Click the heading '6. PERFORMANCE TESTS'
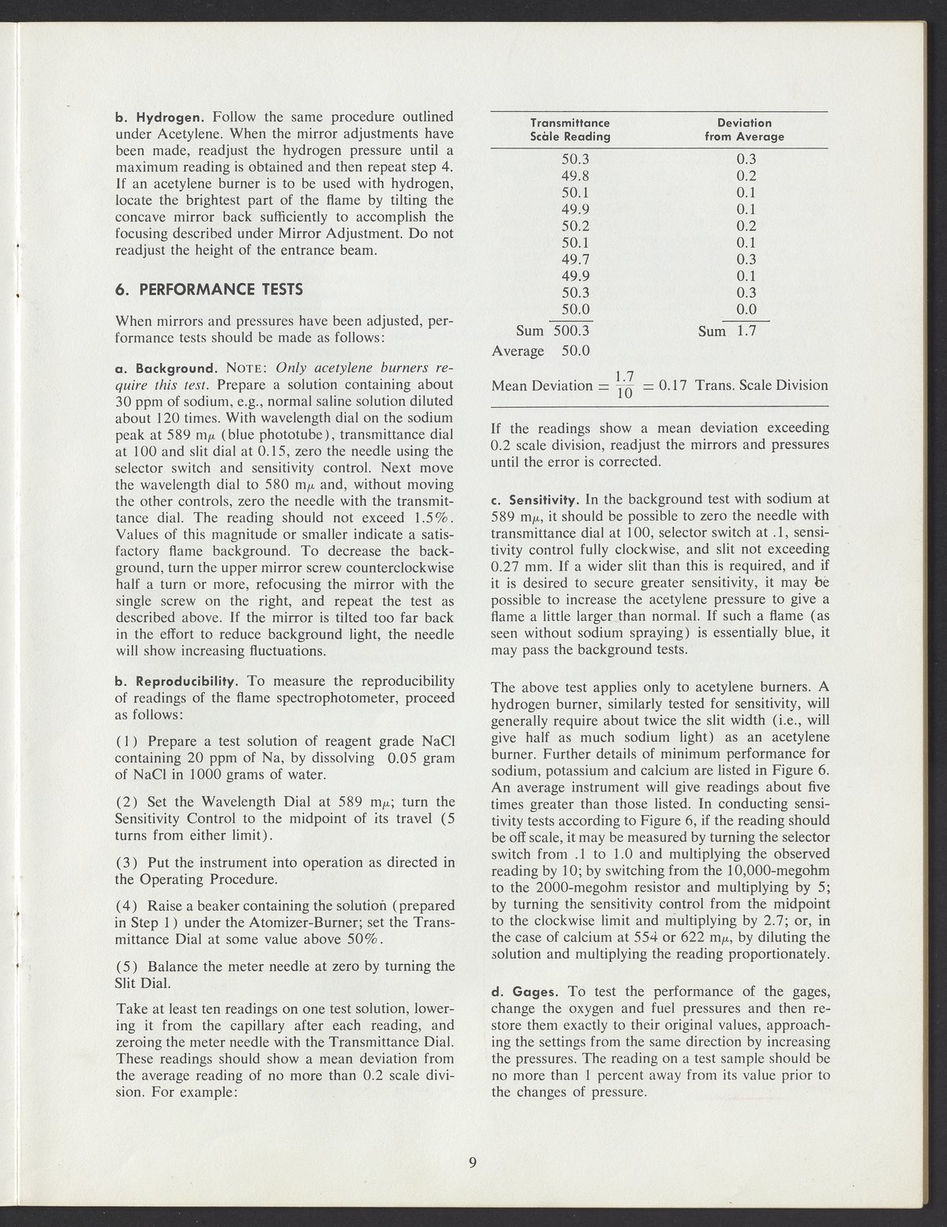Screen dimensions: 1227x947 pos(209,289)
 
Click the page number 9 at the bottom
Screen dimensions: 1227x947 pos(472,1162)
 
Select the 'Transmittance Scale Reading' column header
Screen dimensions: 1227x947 pos(571,129)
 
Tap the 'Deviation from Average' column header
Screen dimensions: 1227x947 pos(744,129)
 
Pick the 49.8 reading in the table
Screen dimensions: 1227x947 pos(574,176)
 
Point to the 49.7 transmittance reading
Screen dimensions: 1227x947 pos(574,260)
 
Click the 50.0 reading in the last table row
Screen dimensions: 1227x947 pos(574,309)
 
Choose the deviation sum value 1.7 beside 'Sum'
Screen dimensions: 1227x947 pos(746,331)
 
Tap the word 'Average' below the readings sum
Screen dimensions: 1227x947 pos(518,350)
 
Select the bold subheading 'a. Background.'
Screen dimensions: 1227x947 pos(167,368)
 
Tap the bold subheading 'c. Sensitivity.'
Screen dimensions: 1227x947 pos(536,500)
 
